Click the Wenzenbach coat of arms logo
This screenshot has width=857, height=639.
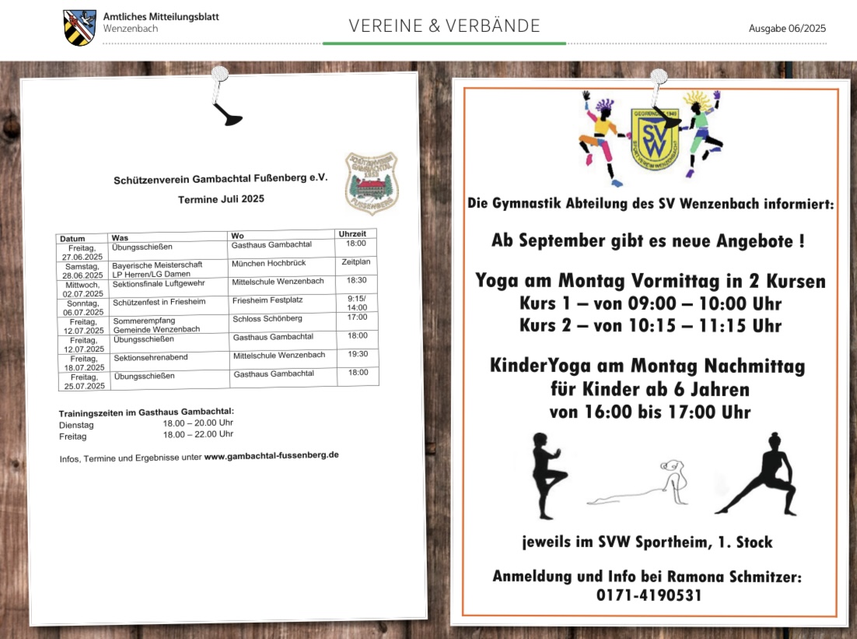pyautogui.click(x=79, y=28)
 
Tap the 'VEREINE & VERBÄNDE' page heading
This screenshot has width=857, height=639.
pyautogui.click(x=444, y=26)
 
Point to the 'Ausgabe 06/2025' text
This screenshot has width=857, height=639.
pyautogui.click(x=787, y=28)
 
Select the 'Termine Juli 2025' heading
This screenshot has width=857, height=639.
pyautogui.click(x=221, y=198)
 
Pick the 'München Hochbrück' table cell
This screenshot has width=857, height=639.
pyautogui.click(x=268, y=264)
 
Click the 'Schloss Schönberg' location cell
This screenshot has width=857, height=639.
pyautogui.click(x=267, y=318)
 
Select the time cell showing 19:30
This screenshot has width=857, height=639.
pyautogui.click(x=358, y=354)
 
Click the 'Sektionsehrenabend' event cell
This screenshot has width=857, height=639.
pyautogui.click(x=150, y=358)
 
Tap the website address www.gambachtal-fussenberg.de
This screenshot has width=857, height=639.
pyautogui.click(x=271, y=455)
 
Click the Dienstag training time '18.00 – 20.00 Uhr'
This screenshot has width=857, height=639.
pyautogui.click(x=198, y=423)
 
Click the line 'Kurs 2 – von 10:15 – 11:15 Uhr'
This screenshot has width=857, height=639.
pyautogui.click(x=650, y=325)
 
